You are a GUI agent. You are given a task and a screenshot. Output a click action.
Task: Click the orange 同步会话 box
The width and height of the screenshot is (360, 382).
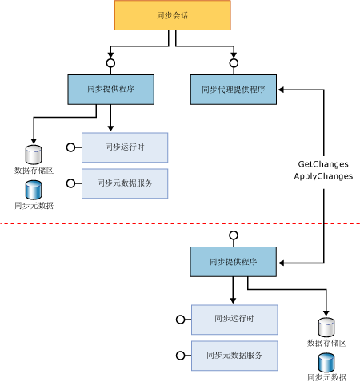pyautogui.click(x=172, y=15)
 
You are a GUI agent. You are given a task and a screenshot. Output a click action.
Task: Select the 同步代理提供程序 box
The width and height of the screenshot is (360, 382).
pyautogui.click(x=234, y=90)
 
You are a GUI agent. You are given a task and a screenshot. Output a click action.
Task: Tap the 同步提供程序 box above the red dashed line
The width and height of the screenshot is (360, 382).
pyautogui.click(x=109, y=89)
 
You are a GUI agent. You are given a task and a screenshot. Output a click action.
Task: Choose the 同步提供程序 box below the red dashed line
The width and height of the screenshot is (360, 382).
pyautogui.click(x=233, y=262)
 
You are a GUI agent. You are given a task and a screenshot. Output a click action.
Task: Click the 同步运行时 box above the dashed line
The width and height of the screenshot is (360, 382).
pyautogui.click(x=124, y=147)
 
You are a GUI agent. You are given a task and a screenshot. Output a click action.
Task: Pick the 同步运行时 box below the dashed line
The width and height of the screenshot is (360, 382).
pyautogui.click(x=234, y=319)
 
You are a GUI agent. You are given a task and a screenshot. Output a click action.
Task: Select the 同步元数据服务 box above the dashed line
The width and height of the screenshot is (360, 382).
pyautogui.click(x=124, y=183)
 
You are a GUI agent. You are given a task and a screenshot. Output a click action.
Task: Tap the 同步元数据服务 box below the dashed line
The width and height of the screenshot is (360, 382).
pyautogui.click(x=234, y=355)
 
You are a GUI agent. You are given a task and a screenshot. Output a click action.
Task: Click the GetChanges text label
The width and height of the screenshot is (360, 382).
pyautogui.click(x=323, y=163)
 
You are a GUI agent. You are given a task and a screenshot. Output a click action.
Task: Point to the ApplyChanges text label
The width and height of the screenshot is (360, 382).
pyautogui.click(x=323, y=175)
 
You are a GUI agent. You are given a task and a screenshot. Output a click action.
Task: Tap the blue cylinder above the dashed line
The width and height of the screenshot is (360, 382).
pyautogui.click(x=34, y=190)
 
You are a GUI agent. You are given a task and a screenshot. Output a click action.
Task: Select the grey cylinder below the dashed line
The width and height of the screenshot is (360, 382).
pyautogui.click(x=326, y=328)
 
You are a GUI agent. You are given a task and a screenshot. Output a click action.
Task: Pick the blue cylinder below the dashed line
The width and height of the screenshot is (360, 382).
pyautogui.click(x=326, y=363)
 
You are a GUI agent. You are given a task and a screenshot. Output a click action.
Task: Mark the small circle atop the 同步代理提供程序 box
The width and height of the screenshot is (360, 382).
pyautogui.click(x=234, y=63)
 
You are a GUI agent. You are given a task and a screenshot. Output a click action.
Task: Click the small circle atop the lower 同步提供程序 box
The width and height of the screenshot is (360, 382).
pyautogui.click(x=234, y=235)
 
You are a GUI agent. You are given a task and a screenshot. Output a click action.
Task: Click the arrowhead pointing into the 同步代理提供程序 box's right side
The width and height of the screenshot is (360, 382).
pyautogui.click(x=282, y=90)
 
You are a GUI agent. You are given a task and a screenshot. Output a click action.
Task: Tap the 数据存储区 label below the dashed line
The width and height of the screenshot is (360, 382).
pyautogui.click(x=326, y=343)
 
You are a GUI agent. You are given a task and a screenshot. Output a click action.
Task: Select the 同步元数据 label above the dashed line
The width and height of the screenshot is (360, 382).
pyautogui.click(x=34, y=206)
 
